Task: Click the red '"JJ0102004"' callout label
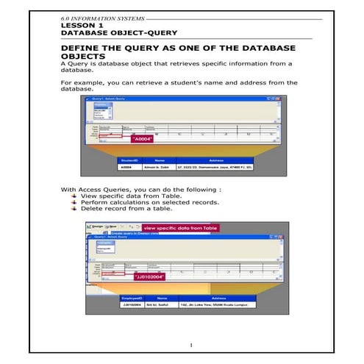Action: pos(149,276)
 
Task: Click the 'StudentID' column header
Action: pos(130,158)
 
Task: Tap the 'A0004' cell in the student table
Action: pos(129,167)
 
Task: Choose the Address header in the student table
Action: pos(215,158)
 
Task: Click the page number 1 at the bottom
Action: pos(190,345)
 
